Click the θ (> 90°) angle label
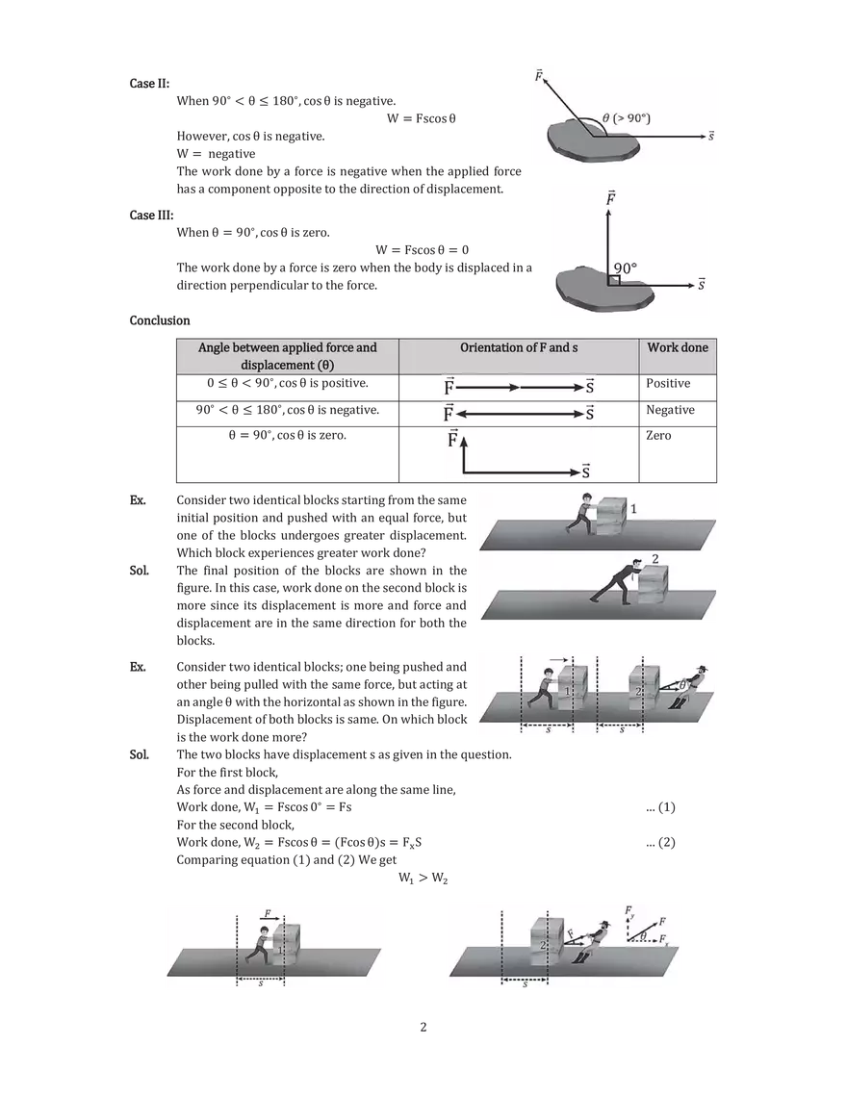click(627, 118)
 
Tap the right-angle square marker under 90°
click(613, 280)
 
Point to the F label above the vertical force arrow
click(610, 197)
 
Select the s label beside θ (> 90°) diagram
click(711, 137)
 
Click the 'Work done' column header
click(679, 346)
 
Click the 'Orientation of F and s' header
click(519, 346)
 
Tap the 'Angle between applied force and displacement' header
click(287, 355)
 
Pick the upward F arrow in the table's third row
click(464, 452)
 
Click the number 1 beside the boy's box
click(633, 507)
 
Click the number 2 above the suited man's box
click(655, 558)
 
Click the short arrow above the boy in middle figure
click(560, 660)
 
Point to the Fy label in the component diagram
click(629, 909)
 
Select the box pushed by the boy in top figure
click(612, 516)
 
